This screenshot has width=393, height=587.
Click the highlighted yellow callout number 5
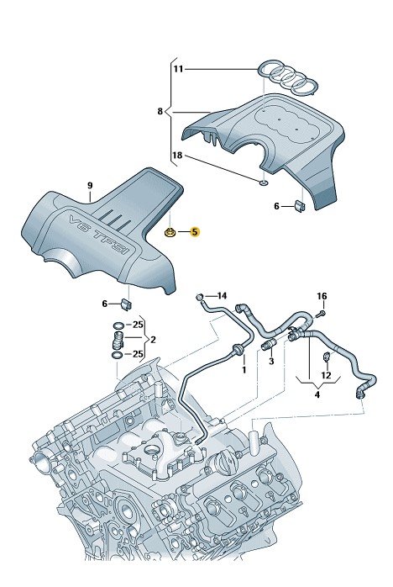point(195,232)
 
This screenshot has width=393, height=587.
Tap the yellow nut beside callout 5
point(170,233)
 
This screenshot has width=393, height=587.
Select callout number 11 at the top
point(179,69)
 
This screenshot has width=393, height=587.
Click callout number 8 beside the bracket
point(160,111)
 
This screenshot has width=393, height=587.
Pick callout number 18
point(178,155)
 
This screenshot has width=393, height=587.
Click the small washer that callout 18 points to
point(263,182)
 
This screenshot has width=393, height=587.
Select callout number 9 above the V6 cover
point(90,185)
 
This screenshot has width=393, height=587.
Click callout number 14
point(222,296)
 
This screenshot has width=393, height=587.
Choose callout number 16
point(322,296)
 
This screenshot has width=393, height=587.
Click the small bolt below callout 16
point(322,313)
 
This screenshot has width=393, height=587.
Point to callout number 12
point(326,375)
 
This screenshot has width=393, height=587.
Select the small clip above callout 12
point(326,357)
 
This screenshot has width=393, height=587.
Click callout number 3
point(271,362)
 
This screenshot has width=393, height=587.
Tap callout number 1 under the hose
point(244,370)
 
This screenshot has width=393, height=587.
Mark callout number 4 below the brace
point(317,394)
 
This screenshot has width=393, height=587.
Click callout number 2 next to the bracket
point(153,340)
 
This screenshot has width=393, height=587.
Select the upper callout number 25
point(138,325)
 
